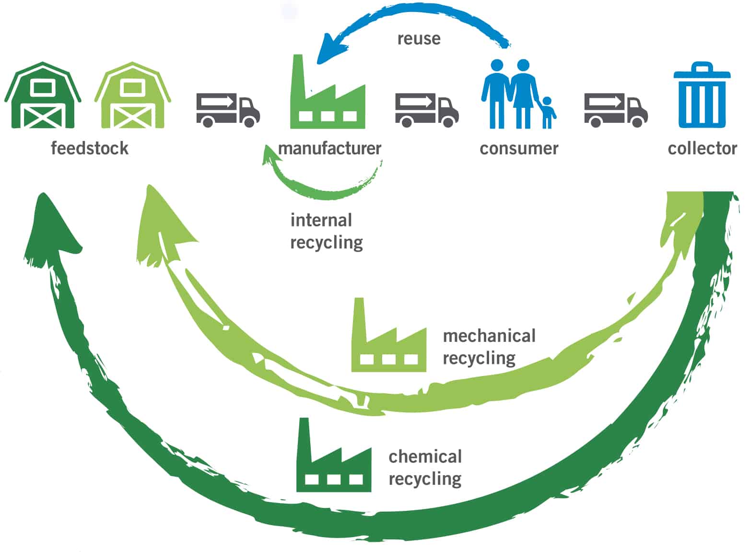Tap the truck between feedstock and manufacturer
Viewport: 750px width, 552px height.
point(227,109)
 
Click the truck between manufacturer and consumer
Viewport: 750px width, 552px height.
point(426,109)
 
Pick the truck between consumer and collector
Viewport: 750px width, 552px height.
point(615,109)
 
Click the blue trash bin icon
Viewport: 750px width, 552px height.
point(702,96)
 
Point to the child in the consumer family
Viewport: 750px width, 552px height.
point(547,113)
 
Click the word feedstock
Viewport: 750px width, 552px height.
point(90,148)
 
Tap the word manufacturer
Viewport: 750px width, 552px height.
point(329,148)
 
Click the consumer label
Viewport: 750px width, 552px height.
point(519,148)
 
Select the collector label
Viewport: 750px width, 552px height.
point(702,148)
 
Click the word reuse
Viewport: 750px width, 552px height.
point(419,38)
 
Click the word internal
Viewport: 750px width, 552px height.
point(321,220)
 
